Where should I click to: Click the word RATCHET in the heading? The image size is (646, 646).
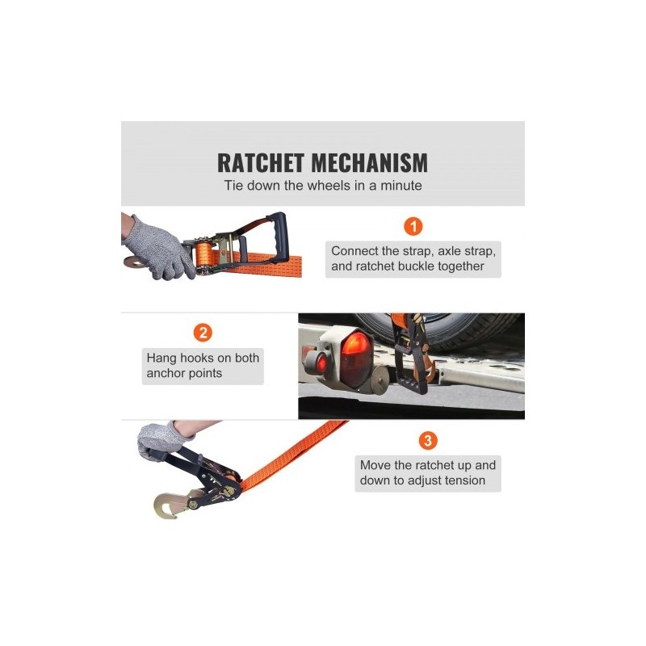(x=261, y=163)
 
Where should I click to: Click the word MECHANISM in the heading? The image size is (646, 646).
(x=370, y=163)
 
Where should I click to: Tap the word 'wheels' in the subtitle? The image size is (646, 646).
(x=329, y=186)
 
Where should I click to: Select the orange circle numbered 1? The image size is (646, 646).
(x=413, y=226)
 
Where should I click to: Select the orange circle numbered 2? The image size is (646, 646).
(x=203, y=333)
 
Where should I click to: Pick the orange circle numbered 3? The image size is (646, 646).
(x=428, y=440)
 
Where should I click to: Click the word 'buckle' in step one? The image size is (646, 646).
(x=415, y=266)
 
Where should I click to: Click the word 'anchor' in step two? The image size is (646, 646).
(x=165, y=373)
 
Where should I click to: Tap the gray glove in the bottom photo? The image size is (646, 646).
(x=160, y=440)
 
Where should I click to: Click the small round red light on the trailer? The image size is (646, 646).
(x=321, y=363)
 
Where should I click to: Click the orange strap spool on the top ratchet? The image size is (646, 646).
(x=204, y=255)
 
